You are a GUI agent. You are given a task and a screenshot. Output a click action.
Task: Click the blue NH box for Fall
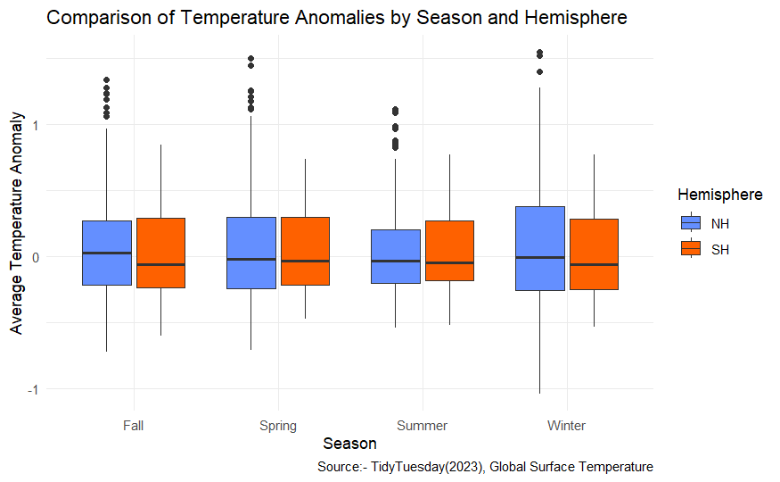click(x=107, y=253)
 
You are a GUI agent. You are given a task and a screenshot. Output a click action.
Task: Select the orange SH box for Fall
click(x=160, y=253)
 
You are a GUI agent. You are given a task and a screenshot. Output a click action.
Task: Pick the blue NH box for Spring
click(x=250, y=253)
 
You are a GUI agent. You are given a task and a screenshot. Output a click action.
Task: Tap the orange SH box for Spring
click(x=305, y=251)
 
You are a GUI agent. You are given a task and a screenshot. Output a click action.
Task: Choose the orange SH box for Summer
click(x=449, y=251)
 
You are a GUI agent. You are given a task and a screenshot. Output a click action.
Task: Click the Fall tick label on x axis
click(x=134, y=426)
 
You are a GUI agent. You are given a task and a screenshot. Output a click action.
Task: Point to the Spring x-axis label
click(x=277, y=426)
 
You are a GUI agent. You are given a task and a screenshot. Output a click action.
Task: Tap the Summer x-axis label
click(x=422, y=426)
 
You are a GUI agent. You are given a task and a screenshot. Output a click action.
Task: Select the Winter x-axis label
click(x=566, y=426)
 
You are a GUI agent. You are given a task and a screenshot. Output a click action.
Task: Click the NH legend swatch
click(x=691, y=223)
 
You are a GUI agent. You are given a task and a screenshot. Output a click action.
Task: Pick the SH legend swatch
click(x=691, y=250)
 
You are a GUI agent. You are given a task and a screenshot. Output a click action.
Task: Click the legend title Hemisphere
click(x=719, y=195)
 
